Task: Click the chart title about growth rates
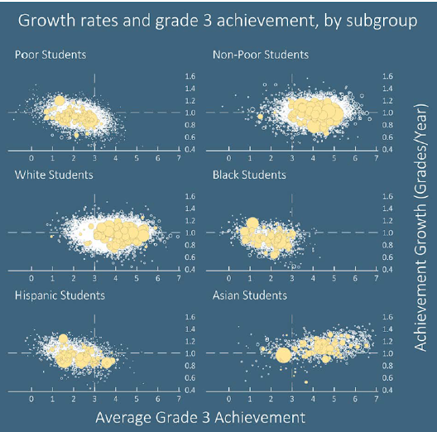point(217,20)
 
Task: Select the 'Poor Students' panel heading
point(51,55)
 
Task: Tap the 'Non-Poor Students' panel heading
point(261,55)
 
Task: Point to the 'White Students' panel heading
point(54,175)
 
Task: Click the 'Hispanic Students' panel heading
point(60,296)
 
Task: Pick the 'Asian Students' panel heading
point(251,296)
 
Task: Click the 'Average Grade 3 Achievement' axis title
point(200,416)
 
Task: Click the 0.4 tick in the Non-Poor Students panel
point(388,149)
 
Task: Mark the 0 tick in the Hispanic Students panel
point(31,399)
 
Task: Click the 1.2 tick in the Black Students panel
point(388,221)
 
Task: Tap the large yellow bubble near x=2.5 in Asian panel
point(283,354)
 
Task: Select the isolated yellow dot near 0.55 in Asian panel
point(307,381)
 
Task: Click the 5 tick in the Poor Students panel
point(137,159)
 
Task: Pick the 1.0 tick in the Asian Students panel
point(388,354)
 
